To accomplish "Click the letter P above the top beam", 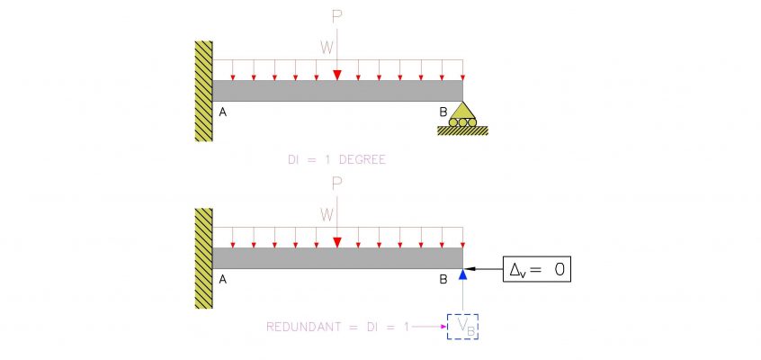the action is [x=336, y=17].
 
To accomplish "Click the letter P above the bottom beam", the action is [x=336, y=184].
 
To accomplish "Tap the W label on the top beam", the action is [x=327, y=47].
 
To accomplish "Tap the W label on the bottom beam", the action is [x=327, y=214].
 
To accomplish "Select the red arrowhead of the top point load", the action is [x=337, y=76].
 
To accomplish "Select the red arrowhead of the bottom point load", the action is [x=337, y=242].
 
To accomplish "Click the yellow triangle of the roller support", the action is [x=462, y=111].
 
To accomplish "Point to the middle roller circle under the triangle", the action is [x=462, y=122].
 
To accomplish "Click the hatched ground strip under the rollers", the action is [x=462, y=130].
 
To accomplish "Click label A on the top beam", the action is [x=223, y=112].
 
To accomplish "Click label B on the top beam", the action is [x=443, y=112].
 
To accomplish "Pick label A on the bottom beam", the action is [x=223, y=279].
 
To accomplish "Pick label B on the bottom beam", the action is [x=443, y=279].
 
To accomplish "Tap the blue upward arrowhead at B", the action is [x=463, y=274].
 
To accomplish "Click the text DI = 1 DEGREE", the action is [x=336, y=160].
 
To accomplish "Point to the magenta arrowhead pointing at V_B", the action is [x=443, y=327].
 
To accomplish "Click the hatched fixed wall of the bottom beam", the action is [x=204, y=258].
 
